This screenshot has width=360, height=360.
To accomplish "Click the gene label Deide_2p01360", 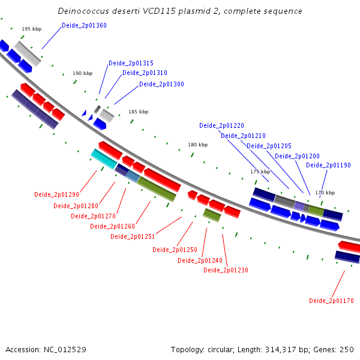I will point(84,25).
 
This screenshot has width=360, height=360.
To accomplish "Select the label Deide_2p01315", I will point(131,63).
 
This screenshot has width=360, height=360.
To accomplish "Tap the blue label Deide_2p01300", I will point(161,84).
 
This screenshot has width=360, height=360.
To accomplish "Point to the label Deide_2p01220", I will point(221,125).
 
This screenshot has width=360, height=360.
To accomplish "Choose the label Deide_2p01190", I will point(328,165).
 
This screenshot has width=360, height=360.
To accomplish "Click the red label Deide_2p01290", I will point(56,194).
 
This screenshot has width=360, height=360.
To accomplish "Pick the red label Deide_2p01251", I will point(133,236).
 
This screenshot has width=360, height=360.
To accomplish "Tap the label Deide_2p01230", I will point(226,270).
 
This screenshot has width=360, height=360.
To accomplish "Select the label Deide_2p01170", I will point(331,301).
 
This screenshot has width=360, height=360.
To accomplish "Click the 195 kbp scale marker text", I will point(31,29).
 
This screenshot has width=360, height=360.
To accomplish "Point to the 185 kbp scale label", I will point(138,112).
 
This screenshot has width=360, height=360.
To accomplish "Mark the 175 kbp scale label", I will point(260,172).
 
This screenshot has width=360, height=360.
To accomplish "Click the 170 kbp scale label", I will point(325,193).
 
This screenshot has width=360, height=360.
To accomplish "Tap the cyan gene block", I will point(104,158).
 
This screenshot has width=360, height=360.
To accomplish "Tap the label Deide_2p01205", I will point(269,146).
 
